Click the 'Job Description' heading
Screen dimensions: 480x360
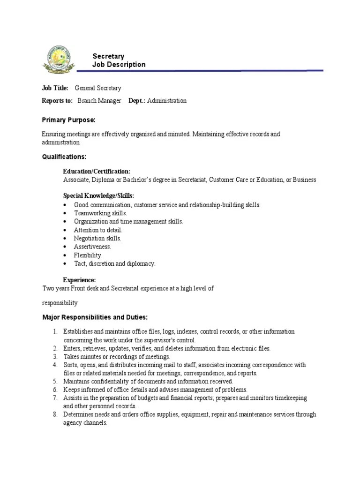click(x=119, y=65)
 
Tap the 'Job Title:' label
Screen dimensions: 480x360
click(x=55, y=88)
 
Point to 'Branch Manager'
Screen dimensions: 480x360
click(x=99, y=101)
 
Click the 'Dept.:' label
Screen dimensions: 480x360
click(x=137, y=101)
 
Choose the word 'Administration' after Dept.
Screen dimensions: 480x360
click(x=166, y=101)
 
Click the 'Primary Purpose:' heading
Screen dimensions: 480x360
click(x=68, y=120)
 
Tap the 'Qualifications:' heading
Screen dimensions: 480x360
click(x=64, y=157)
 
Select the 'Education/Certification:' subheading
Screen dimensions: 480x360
click(x=97, y=172)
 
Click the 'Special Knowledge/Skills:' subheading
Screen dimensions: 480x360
click(x=98, y=195)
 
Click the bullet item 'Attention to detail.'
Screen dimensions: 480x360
click(x=98, y=230)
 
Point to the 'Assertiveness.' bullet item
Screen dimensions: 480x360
click(x=92, y=247)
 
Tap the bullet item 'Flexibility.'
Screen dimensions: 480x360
click(x=88, y=255)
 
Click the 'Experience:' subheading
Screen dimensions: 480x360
click(x=79, y=280)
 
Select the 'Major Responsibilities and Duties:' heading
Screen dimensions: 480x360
click(x=95, y=317)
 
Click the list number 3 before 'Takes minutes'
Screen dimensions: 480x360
click(x=54, y=357)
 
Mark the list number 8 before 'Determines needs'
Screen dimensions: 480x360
click(x=54, y=414)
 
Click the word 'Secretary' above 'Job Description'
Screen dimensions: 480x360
click(x=108, y=56)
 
